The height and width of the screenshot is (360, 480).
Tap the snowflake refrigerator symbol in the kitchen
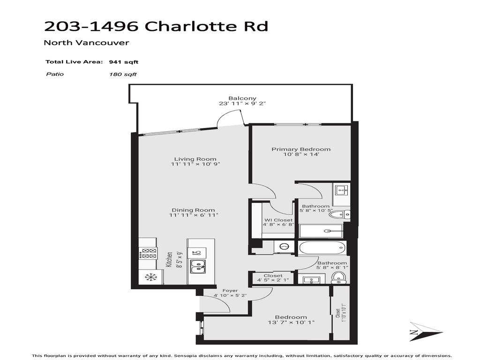(151, 277)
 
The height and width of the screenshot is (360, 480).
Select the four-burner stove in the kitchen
(149, 254)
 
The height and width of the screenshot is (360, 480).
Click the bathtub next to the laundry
(322, 247)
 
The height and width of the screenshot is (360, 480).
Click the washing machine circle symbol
(283, 247)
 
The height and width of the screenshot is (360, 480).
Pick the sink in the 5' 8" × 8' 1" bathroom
(309, 280)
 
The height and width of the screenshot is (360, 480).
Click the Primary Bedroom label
(301, 150)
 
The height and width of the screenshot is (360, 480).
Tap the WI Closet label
(278, 220)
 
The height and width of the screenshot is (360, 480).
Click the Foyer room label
(230, 291)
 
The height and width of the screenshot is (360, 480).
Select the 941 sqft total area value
(123, 62)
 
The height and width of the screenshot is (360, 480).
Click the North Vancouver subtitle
(86, 43)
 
